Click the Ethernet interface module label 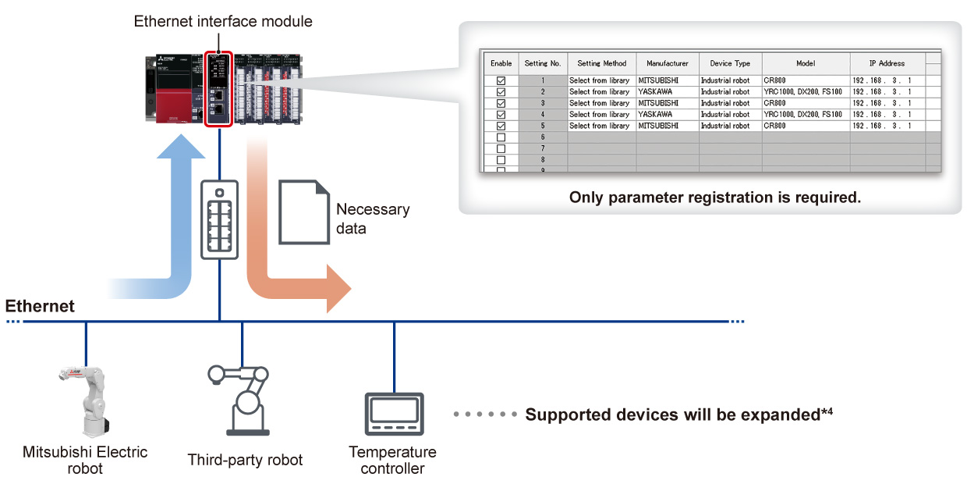(223, 22)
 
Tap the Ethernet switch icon (219, 219)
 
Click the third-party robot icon (243, 398)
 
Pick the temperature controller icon (394, 414)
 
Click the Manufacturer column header (667, 63)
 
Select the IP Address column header (887, 63)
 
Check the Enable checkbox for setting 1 (501, 80)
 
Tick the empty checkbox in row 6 (501, 137)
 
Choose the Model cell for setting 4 (805, 115)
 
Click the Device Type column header (730, 63)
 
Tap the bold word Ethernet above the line (40, 306)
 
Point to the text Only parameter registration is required (714, 198)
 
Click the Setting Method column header (601, 63)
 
